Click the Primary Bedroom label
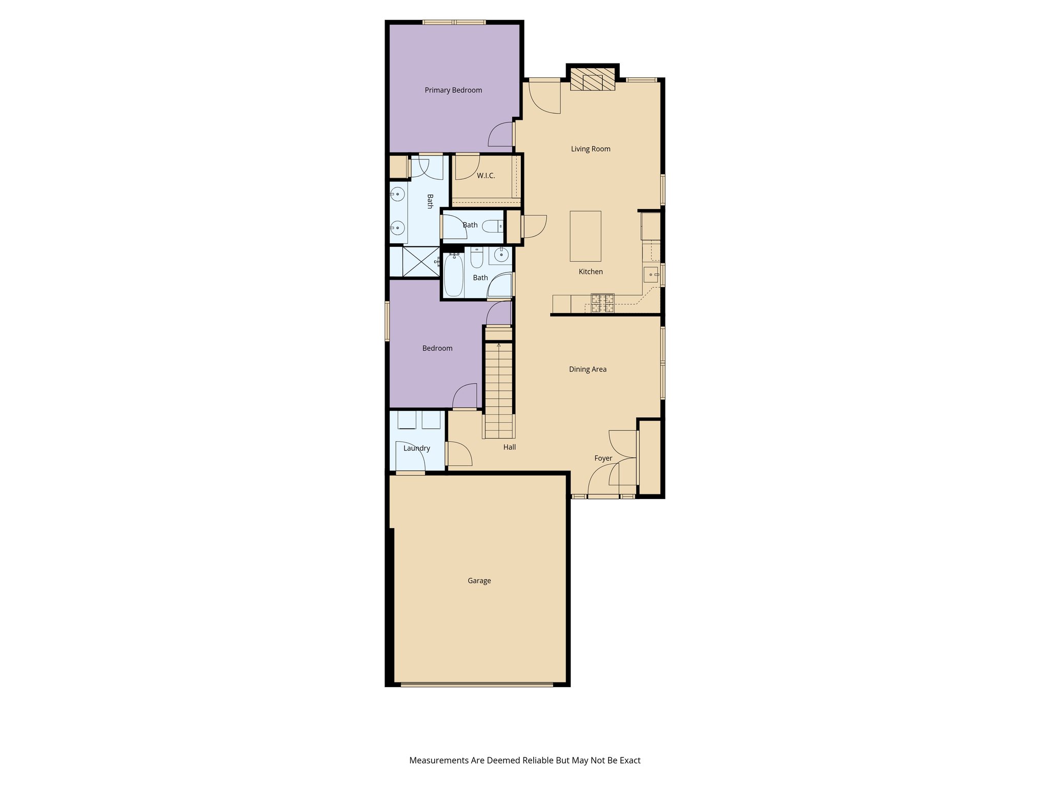453,90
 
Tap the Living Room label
591,149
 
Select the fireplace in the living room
593,79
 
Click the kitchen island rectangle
585,236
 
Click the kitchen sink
652,275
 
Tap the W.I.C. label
486,176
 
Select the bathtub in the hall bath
453,275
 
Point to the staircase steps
499,389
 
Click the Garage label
479,581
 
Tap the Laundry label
416,448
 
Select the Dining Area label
588,369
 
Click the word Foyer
603,458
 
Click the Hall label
509,447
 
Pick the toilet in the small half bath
494,225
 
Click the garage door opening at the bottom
477,684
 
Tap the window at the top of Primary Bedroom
454,22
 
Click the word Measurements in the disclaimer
439,760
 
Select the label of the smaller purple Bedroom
437,348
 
